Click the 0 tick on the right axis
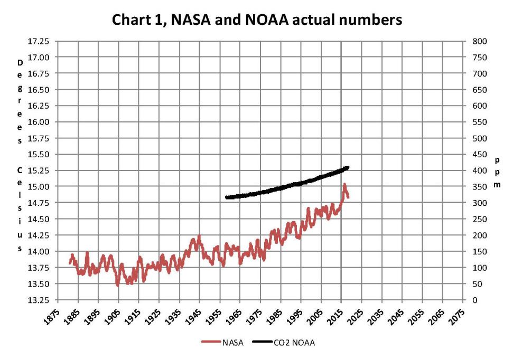(472, 300)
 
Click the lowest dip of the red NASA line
(118, 285)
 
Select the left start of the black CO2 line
(226, 197)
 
